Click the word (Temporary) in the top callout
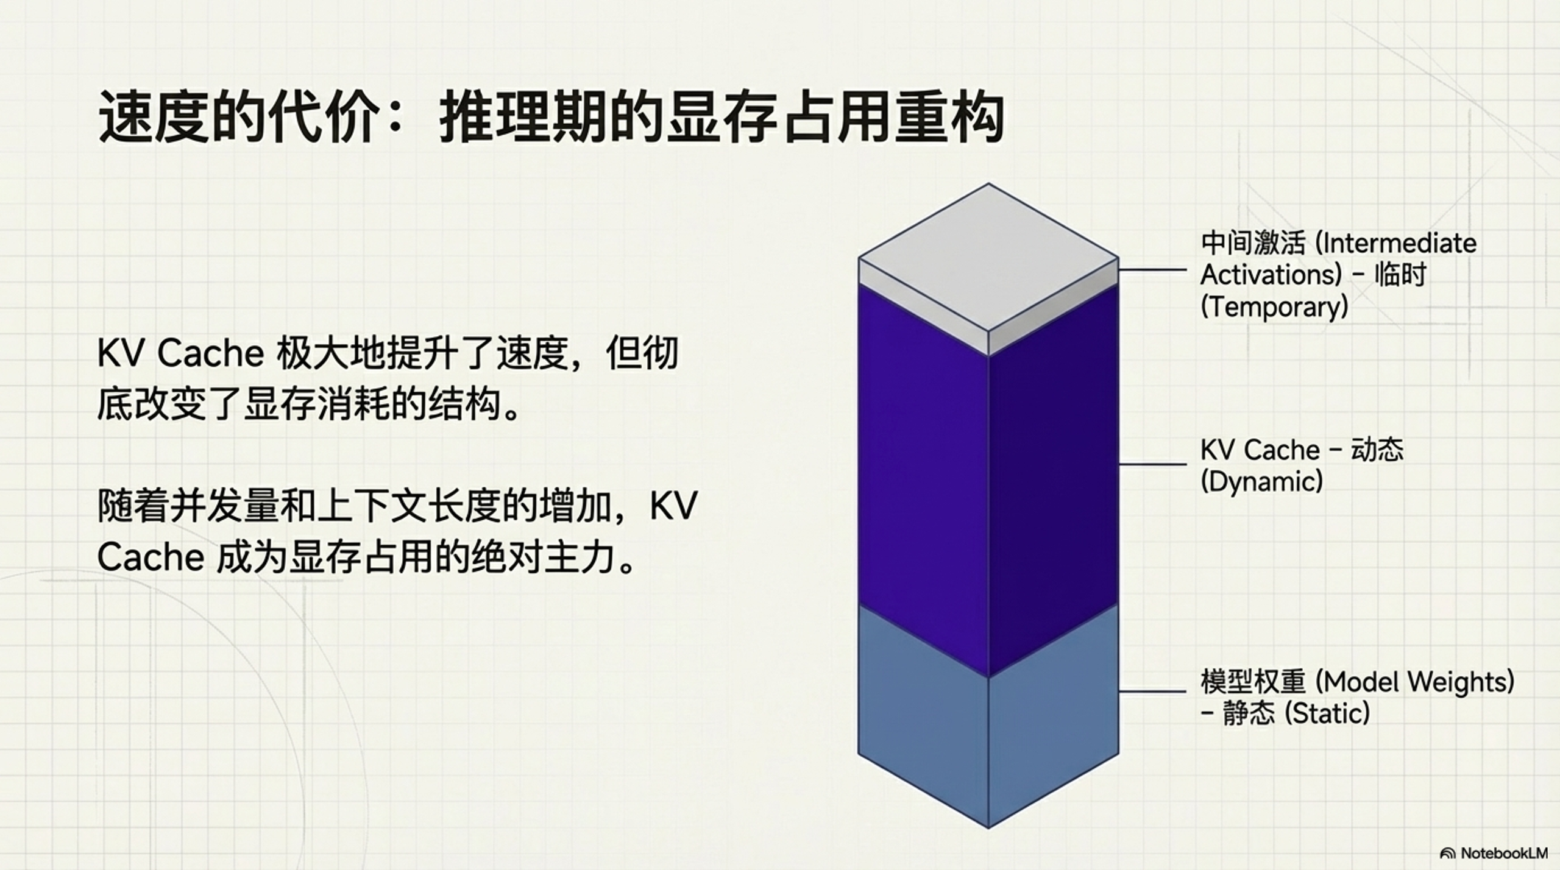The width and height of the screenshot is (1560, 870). (1274, 306)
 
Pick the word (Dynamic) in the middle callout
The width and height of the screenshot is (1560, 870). (1261, 482)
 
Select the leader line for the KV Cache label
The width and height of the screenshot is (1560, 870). (1153, 464)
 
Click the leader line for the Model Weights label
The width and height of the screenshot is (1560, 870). (1153, 691)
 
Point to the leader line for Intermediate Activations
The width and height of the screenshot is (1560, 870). (1153, 269)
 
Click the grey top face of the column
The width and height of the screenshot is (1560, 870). (988, 258)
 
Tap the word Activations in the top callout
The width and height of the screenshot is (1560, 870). (1271, 275)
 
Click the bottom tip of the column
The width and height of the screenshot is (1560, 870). (988, 827)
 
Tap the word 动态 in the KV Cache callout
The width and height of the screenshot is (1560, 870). (1377, 450)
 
